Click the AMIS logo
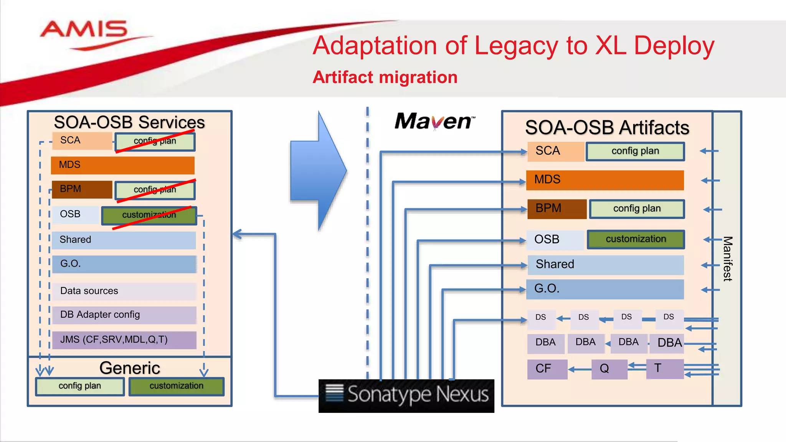(84, 31)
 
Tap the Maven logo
(434, 121)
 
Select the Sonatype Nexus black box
(406, 396)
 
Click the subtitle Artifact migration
(385, 77)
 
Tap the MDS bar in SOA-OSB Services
(122, 165)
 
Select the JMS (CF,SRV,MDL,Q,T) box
(124, 340)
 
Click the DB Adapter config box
(124, 315)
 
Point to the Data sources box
(124, 291)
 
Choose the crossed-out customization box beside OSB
(149, 215)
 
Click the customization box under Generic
(176, 386)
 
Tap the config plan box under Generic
(80, 386)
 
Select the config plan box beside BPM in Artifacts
(637, 209)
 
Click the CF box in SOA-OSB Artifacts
(547, 369)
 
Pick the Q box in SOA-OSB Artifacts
(609, 369)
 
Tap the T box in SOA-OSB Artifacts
(664, 369)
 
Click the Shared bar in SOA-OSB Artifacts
(605, 265)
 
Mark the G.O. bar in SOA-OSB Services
(124, 264)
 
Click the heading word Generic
(129, 368)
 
